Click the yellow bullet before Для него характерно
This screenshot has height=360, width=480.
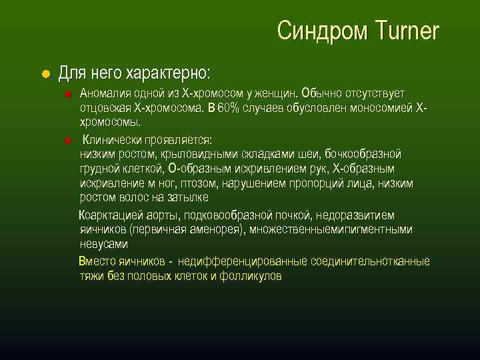[45, 73]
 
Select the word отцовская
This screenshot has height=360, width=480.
[104, 107]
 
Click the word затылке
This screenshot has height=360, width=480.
[188, 198]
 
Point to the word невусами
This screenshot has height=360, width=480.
[103, 244]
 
